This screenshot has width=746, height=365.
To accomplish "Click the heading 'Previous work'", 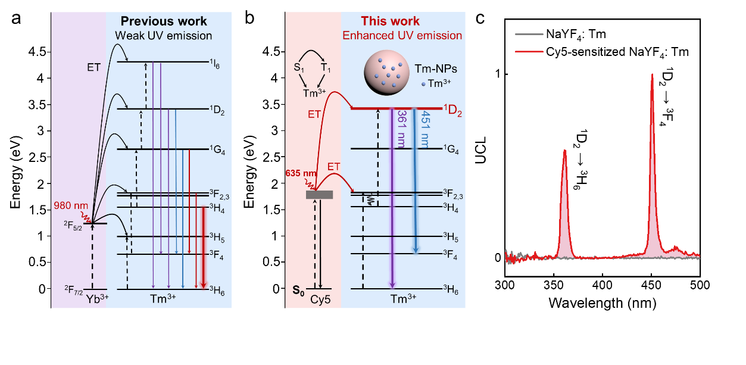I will tap(164, 21).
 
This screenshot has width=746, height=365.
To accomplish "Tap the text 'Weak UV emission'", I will tap(163, 36).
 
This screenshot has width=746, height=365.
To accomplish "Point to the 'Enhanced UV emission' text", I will tap(402, 36).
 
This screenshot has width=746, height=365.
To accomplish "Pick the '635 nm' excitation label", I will tap(298, 174).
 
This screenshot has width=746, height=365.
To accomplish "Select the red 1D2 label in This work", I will tap(454, 110).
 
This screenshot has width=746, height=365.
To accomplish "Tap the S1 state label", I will tap(299, 68).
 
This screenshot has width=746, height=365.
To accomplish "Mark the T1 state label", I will tap(326, 68).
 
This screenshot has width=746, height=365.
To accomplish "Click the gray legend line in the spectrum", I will tap(529, 34).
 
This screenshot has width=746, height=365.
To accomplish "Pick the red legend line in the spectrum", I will tap(529, 51).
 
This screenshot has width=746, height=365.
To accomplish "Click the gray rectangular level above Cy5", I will tap(319, 195).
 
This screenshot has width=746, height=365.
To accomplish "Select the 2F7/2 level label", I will tap(74, 290).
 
